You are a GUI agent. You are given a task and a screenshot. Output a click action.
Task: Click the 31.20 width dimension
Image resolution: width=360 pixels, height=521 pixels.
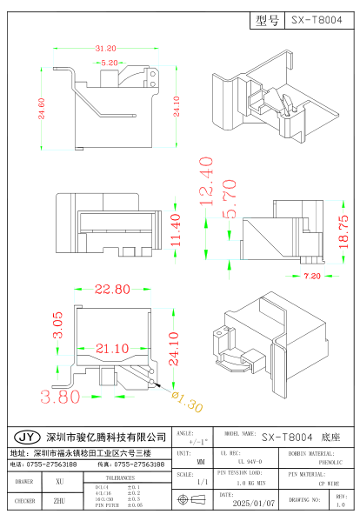(x=105, y=49)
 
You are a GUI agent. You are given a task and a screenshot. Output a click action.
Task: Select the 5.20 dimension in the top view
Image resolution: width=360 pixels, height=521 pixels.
(x=110, y=63)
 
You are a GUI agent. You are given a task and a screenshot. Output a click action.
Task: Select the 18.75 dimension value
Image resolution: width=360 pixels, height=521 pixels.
(x=343, y=229)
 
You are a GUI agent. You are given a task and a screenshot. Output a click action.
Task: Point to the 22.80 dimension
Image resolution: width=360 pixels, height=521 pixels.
(x=112, y=289)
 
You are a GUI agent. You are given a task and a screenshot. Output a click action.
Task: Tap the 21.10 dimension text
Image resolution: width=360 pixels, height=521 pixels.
(x=113, y=348)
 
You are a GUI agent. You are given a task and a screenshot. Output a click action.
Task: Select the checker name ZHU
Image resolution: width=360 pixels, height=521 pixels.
(x=59, y=501)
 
